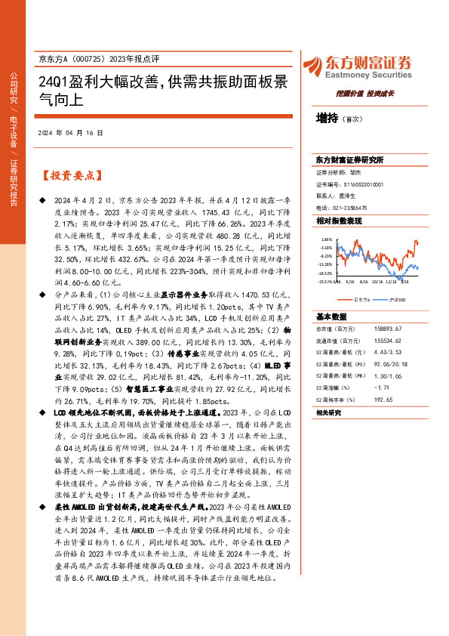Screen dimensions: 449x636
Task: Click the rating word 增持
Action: (x=328, y=119)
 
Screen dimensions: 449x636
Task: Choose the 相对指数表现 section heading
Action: (x=339, y=221)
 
